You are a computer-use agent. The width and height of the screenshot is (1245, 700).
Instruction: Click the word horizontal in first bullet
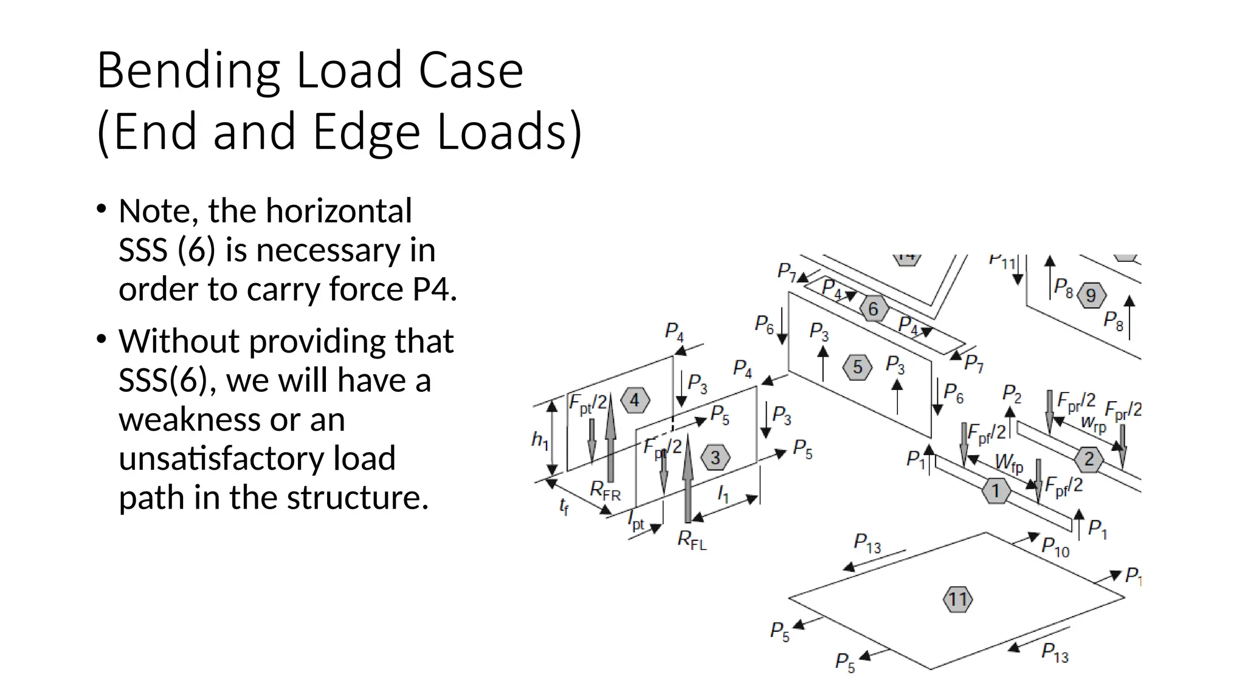click(339, 211)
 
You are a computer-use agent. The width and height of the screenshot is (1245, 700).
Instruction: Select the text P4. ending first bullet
click(434, 289)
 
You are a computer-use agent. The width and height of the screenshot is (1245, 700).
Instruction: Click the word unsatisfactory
click(257, 459)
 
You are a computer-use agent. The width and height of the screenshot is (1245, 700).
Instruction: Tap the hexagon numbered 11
click(957, 600)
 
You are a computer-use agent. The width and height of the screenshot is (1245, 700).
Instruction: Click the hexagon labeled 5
click(857, 367)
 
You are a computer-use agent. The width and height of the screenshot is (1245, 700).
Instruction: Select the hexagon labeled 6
click(874, 309)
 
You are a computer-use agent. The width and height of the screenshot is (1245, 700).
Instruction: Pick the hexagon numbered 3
click(715, 458)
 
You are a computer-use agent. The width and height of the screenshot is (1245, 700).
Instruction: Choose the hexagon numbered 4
click(635, 400)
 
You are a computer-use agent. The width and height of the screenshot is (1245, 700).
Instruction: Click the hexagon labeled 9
click(1091, 295)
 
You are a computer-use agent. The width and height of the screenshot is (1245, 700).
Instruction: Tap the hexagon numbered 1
click(996, 490)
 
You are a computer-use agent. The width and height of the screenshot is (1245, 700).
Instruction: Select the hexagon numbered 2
click(1089, 458)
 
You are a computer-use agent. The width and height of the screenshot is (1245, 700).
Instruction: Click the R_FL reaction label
click(692, 540)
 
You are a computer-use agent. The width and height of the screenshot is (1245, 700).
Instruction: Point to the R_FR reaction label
click(605, 490)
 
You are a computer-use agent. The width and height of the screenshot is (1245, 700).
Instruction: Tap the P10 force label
click(1055, 546)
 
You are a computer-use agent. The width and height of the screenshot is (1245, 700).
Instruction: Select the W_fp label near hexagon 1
click(1009, 464)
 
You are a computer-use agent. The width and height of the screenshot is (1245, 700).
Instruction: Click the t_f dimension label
click(564, 506)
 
